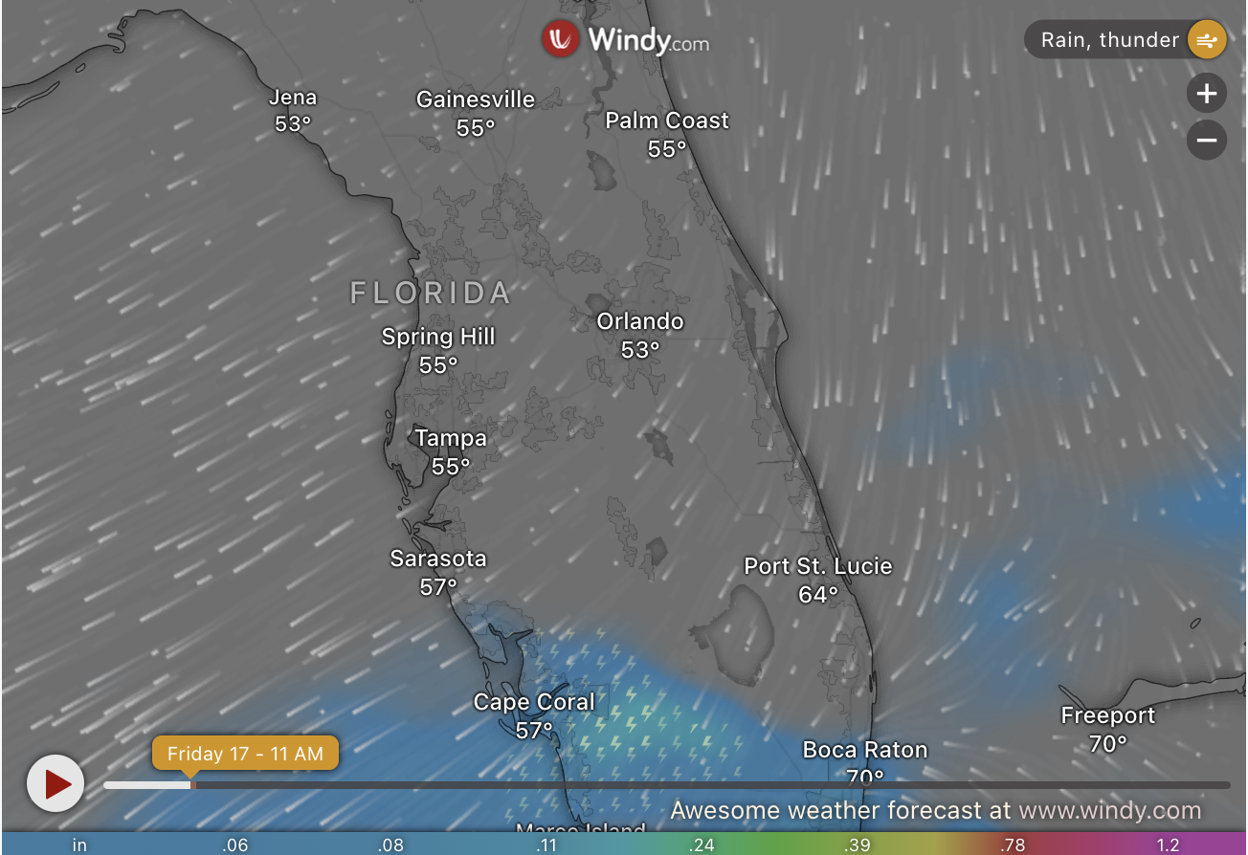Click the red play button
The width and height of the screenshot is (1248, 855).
click(56, 783)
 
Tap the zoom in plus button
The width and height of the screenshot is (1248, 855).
click(1207, 94)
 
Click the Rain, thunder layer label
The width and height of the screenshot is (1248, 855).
click(1109, 40)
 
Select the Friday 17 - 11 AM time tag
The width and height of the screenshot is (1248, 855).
click(245, 754)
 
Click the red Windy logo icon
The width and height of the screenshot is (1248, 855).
click(560, 39)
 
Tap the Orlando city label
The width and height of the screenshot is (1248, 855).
click(640, 321)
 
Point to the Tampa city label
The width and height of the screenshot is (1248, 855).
click(451, 438)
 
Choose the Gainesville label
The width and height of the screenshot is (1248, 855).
click(476, 99)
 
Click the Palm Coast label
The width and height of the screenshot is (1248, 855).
click(667, 121)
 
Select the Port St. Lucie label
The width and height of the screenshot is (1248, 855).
click(818, 566)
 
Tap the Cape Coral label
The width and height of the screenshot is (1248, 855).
click(534, 703)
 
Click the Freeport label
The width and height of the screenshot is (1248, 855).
click(1108, 715)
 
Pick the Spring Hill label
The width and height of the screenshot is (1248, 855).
click(438, 337)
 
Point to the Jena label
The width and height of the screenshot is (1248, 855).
click(293, 98)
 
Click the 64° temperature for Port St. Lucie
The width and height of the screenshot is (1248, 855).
click(818, 595)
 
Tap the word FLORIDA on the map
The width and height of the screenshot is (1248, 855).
click(431, 293)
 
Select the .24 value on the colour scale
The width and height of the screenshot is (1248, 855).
click(702, 844)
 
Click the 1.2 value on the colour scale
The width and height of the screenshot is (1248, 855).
click(1167, 844)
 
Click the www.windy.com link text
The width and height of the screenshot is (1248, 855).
click(1109, 811)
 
